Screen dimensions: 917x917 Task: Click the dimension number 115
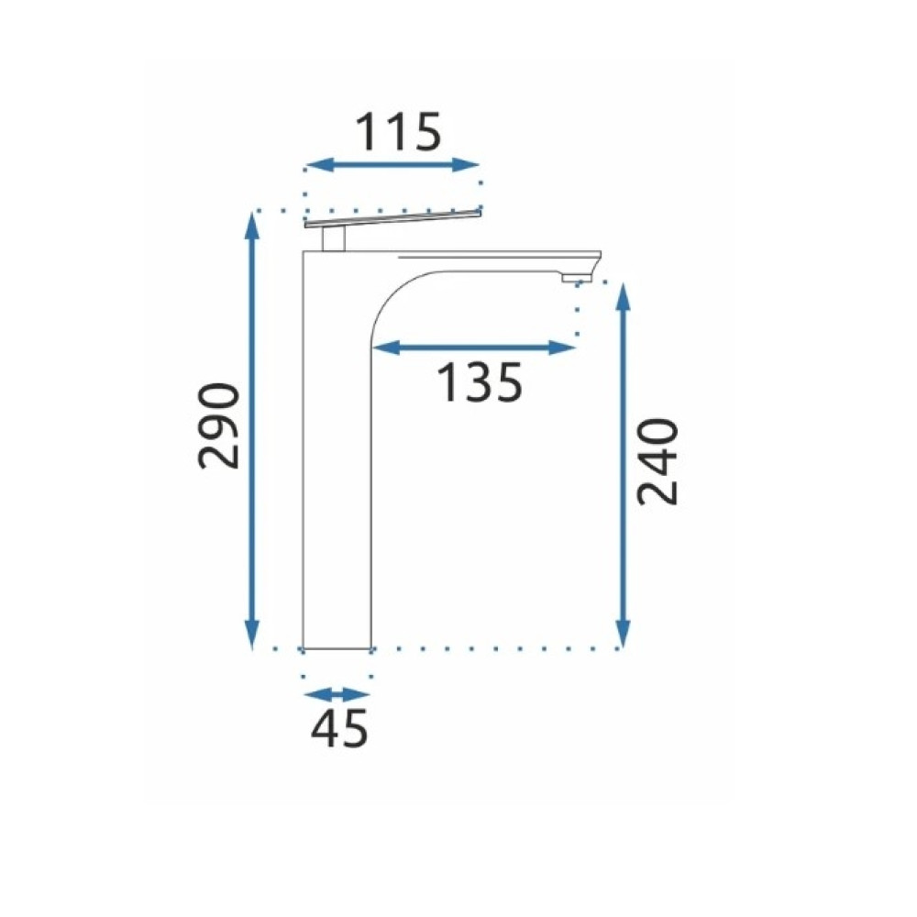(x=398, y=131)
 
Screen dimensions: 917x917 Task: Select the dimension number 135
(x=479, y=382)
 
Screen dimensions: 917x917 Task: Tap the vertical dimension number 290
(x=219, y=425)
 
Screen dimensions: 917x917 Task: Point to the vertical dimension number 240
(x=657, y=461)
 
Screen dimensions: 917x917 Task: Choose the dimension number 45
(x=339, y=728)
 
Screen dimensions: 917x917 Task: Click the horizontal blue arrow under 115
(x=392, y=165)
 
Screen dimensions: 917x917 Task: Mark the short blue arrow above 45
(x=337, y=695)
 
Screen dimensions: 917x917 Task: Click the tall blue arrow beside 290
(x=251, y=430)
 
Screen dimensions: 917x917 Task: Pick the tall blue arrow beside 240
(x=624, y=466)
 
